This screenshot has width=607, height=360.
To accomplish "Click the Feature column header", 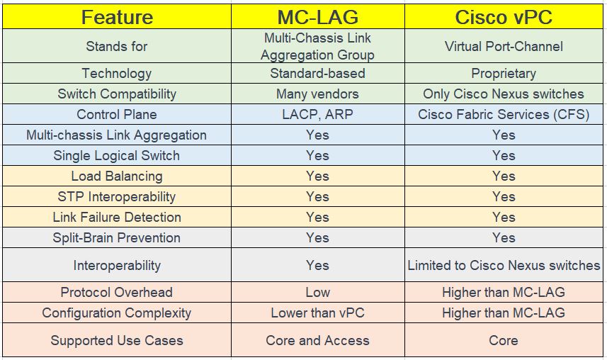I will pyautogui.click(x=117, y=16).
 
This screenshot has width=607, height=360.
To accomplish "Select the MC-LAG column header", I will pyautogui.click(x=317, y=16).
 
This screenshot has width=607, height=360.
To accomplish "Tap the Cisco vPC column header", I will pyautogui.click(x=504, y=16).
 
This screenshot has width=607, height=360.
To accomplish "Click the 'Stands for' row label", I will pyautogui.click(x=117, y=46).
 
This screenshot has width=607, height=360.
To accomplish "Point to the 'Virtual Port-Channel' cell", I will pyautogui.click(x=504, y=46).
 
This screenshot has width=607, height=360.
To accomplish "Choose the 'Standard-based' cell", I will pyautogui.click(x=317, y=73).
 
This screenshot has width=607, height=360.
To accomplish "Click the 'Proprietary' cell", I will pyautogui.click(x=504, y=73).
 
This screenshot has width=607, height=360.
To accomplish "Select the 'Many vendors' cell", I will pyautogui.click(x=317, y=94).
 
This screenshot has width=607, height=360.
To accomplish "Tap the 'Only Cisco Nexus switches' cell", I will pyautogui.click(x=504, y=94).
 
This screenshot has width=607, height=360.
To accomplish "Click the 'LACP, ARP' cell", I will pyautogui.click(x=317, y=114).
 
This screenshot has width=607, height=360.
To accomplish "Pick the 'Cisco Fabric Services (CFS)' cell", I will pyautogui.click(x=504, y=114).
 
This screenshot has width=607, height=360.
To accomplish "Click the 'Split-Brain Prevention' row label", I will pyautogui.click(x=117, y=237).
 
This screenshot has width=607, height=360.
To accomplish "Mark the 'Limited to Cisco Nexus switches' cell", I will pyautogui.click(x=504, y=266).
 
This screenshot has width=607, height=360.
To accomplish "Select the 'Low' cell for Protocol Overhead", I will pyautogui.click(x=317, y=292).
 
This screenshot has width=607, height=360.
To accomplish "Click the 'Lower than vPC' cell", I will pyautogui.click(x=317, y=313).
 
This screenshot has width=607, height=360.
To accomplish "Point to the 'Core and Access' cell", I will pyautogui.click(x=317, y=340).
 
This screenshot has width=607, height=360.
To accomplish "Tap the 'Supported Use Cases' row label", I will pyautogui.click(x=117, y=340).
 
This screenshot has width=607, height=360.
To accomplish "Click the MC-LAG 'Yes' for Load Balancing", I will pyautogui.click(x=317, y=176).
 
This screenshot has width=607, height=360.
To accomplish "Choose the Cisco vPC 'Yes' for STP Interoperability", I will pyautogui.click(x=504, y=196).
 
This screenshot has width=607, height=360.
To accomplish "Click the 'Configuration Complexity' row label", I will pyautogui.click(x=117, y=313).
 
